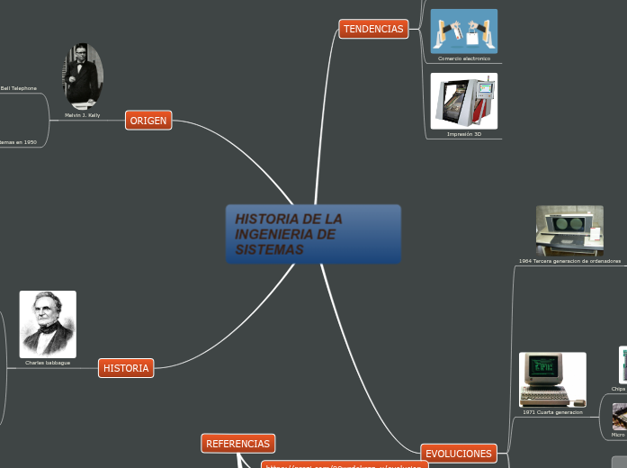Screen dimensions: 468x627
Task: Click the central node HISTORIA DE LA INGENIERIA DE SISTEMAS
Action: (x=313, y=234)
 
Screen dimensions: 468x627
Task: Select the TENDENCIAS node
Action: (x=373, y=30)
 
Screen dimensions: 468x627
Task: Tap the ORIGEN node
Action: (x=148, y=121)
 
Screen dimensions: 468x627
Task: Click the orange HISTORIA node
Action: (x=126, y=368)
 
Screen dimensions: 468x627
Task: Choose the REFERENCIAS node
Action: (x=237, y=444)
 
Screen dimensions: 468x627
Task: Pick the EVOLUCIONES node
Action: (x=459, y=454)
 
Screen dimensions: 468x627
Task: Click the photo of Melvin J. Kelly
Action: (x=83, y=76)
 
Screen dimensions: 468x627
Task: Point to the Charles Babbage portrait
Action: (x=48, y=324)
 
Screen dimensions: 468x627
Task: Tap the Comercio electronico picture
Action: (x=464, y=31)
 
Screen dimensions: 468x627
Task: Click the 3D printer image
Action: (x=464, y=101)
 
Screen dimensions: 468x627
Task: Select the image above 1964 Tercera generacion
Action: (x=569, y=230)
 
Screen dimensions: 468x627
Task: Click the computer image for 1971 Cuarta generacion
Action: (x=552, y=379)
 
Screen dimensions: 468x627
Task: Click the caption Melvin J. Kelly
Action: (x=83, y=115)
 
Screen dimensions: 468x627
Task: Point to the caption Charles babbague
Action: (x=48, y=363)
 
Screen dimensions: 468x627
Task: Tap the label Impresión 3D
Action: (x=464, y=134)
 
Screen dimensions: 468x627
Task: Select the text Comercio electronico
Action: (x=464, y=58)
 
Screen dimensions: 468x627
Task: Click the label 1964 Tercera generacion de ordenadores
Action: (x=569, y=261)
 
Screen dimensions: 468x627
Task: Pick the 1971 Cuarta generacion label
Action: (x=552, y=412)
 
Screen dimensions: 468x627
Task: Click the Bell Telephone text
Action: (x=19, y=88)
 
